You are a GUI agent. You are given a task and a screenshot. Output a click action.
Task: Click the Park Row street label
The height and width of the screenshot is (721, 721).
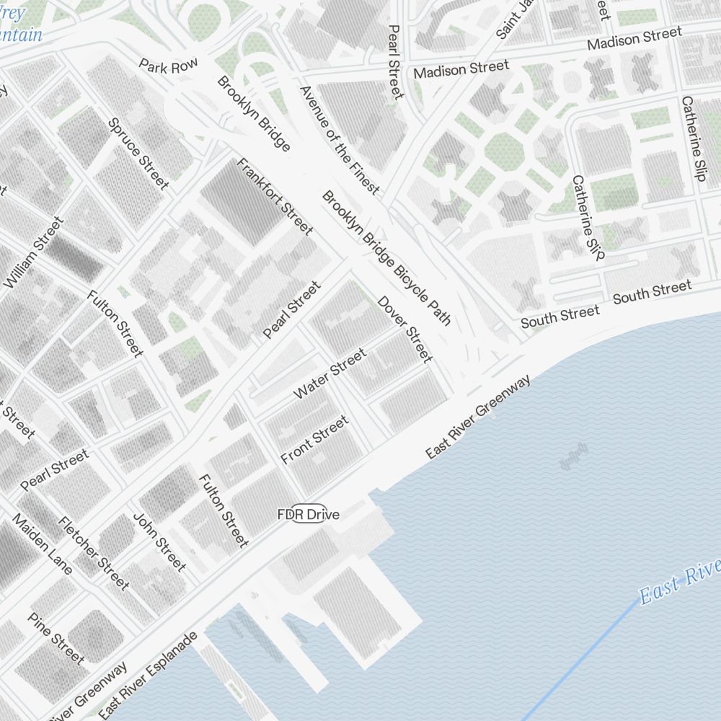coord(168,66)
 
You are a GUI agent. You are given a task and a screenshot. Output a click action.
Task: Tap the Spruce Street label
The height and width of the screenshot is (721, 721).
coord(138,154)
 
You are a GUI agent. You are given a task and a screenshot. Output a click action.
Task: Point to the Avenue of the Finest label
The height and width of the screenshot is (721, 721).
coord(338,140)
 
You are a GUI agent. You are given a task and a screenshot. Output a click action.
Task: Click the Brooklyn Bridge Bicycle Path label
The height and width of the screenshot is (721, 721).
coord(386,258)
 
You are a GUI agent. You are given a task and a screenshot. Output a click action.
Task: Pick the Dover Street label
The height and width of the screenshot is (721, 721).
coord(405,329)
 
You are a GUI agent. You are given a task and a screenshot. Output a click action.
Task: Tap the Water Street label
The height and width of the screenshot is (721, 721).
coord(330,373)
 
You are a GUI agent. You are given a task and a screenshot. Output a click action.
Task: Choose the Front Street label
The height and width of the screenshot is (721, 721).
coord(314,439)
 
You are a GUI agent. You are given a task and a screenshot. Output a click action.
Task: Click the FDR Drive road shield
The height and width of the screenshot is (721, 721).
coord(309,514)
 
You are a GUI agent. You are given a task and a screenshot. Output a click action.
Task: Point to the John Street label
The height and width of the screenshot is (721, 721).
coord(159,541)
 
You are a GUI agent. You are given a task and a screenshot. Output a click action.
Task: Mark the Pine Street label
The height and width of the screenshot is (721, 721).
coord(56,638)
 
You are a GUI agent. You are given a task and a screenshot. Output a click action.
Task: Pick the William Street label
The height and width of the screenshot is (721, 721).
coord(33,253)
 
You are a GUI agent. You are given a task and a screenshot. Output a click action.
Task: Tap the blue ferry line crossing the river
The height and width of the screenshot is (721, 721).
coord(577,663)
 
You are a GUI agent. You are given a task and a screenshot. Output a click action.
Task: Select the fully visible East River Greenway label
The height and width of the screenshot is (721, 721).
coord(478,416)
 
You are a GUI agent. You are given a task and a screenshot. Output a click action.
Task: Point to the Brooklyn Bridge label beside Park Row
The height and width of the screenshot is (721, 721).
coord(253,114)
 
